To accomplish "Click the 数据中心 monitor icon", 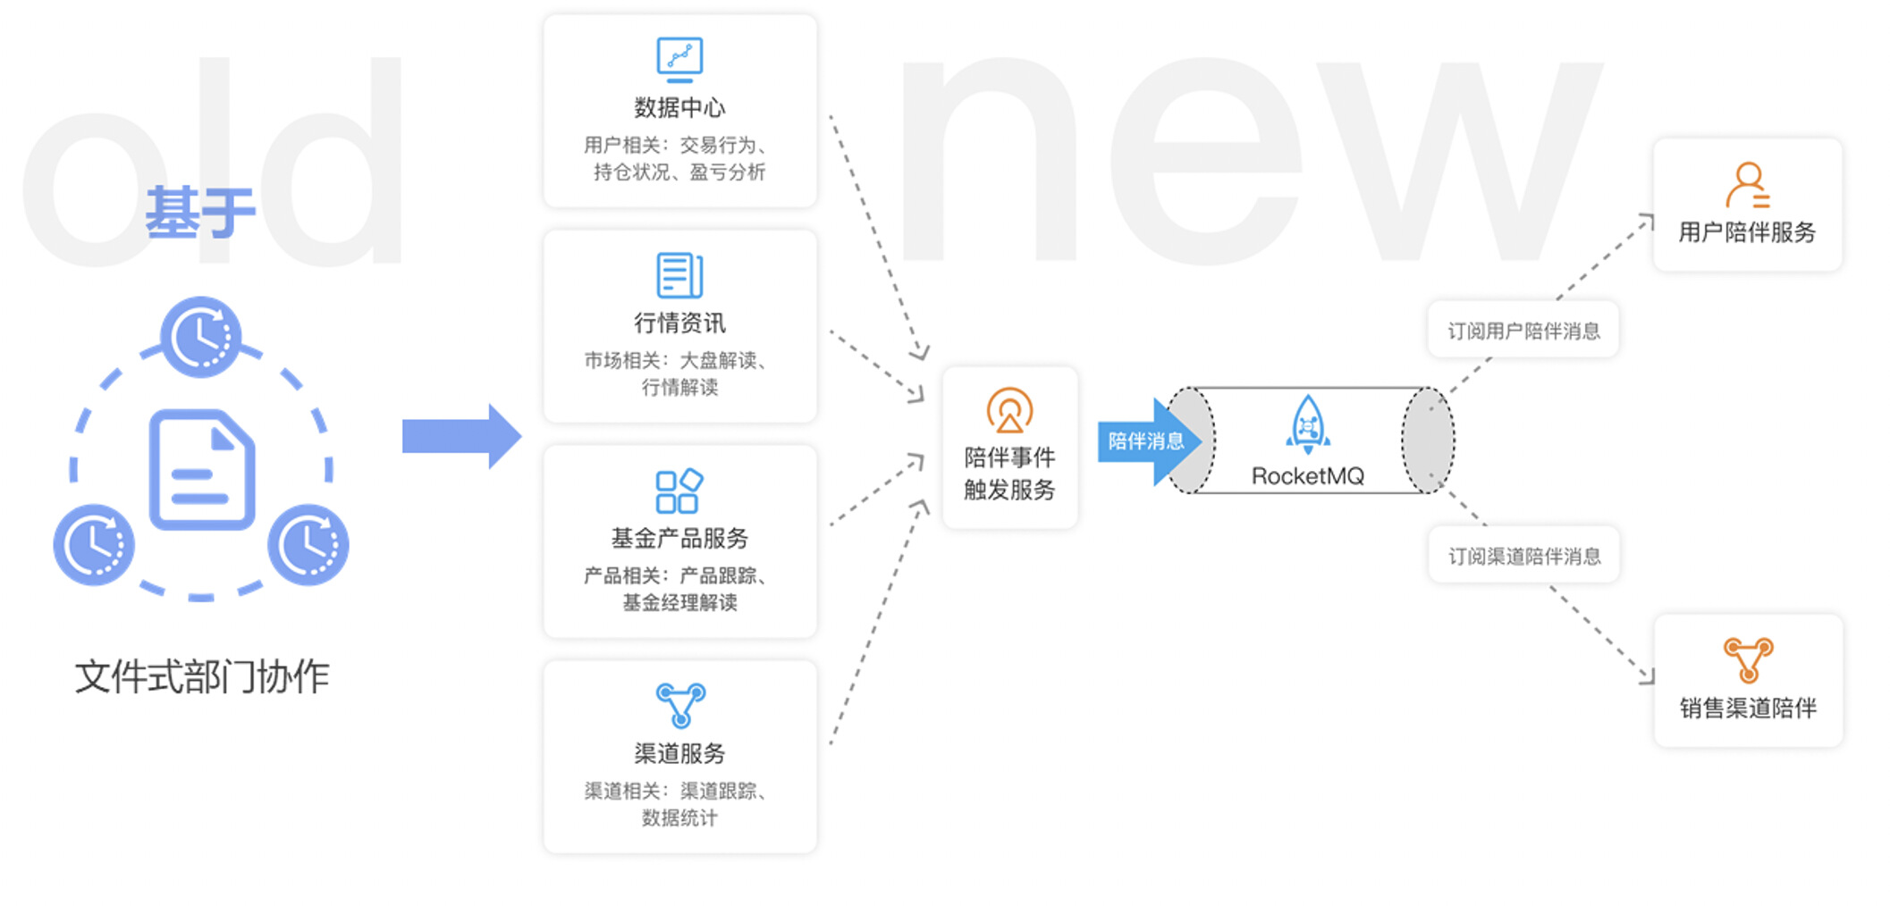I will tap(679, 59).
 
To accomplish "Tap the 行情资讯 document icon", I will tap(679, 274).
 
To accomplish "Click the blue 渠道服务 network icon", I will tap(680, 705).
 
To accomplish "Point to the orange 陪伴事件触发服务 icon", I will tap(1009, 410).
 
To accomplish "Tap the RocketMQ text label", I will tap(1307, 476).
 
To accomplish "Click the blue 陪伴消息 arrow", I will tap(1147, 441).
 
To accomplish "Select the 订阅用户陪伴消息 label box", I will tap(1523, 331).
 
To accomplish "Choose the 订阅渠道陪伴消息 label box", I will tap(1524, 556).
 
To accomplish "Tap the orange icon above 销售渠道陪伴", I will tap(1748, 659).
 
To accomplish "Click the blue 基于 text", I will tap(200, 213).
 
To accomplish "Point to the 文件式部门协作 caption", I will tap(202, 676).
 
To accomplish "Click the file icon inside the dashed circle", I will tap(202, 469).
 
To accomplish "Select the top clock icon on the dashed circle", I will tap(201, 337).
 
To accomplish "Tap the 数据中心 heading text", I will tap(679, 107).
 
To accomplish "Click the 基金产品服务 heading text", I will tap(679, 538).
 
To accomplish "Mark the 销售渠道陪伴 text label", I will tap(1748, 709).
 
